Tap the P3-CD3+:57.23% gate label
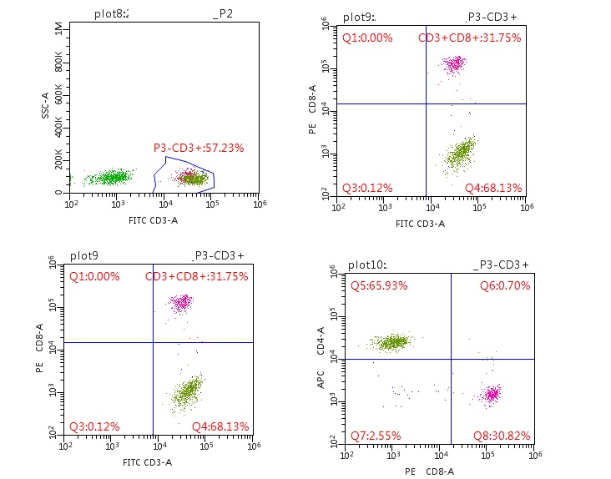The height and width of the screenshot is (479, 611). coord(199,148)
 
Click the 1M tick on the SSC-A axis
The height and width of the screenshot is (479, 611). coord(58,30)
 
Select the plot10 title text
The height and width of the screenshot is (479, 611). coord(366,265)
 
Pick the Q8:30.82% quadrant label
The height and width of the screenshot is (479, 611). coord(498,435)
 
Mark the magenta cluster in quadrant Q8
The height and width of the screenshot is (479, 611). coord(491,393)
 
